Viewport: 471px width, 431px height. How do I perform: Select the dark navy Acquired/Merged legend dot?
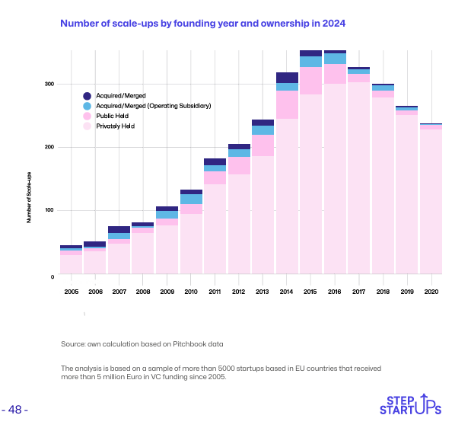click(x=87, y=95)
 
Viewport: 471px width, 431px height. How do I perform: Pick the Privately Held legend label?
click(x=115, y=126)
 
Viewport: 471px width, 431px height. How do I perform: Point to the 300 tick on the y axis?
click(x=48, y=84)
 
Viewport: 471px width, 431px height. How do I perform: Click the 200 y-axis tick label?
click(x=48, y=147)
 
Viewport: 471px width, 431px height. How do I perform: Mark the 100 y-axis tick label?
click(x=48, y=210)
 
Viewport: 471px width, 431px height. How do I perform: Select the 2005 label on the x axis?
click(x=71, y=292)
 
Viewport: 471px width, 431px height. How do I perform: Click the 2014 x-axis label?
click(x=287, y=292)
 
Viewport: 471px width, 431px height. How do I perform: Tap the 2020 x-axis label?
click(x=431, y=292)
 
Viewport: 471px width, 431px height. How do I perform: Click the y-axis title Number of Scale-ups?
click(x=29, y=197)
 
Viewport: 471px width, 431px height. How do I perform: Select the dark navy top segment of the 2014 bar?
click(x=287, y=77)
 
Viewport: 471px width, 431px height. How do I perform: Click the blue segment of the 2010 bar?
click(x=191, y=199)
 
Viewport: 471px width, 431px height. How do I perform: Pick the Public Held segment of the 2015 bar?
click(x=310, y=81)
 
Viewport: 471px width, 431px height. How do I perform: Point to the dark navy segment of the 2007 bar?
click(x=119, y=229)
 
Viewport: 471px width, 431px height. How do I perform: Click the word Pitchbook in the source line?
click(x=188, y=345)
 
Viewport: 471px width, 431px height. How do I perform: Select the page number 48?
click(x=15, y=410)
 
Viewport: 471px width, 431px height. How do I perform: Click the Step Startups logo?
click(x=411, y=405)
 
